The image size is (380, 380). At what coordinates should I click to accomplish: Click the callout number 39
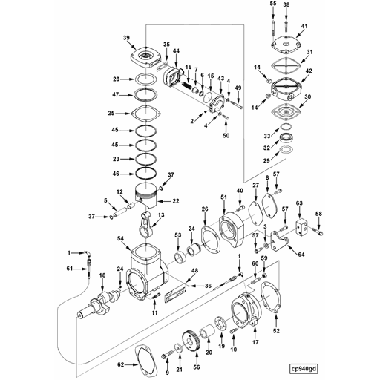(127, 38)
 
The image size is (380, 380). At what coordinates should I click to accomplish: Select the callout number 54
(121, 237)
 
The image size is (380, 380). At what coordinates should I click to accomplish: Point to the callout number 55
(272, 4)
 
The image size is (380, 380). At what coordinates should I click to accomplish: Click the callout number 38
(286, 4)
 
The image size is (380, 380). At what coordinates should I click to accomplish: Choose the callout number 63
(300, 202)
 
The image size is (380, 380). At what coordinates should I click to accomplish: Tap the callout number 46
(115, 173)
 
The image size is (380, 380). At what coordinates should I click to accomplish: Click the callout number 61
(69, 268)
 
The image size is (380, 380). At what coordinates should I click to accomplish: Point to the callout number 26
(204, 209)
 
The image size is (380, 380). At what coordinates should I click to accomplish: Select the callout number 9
(167, 370)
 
